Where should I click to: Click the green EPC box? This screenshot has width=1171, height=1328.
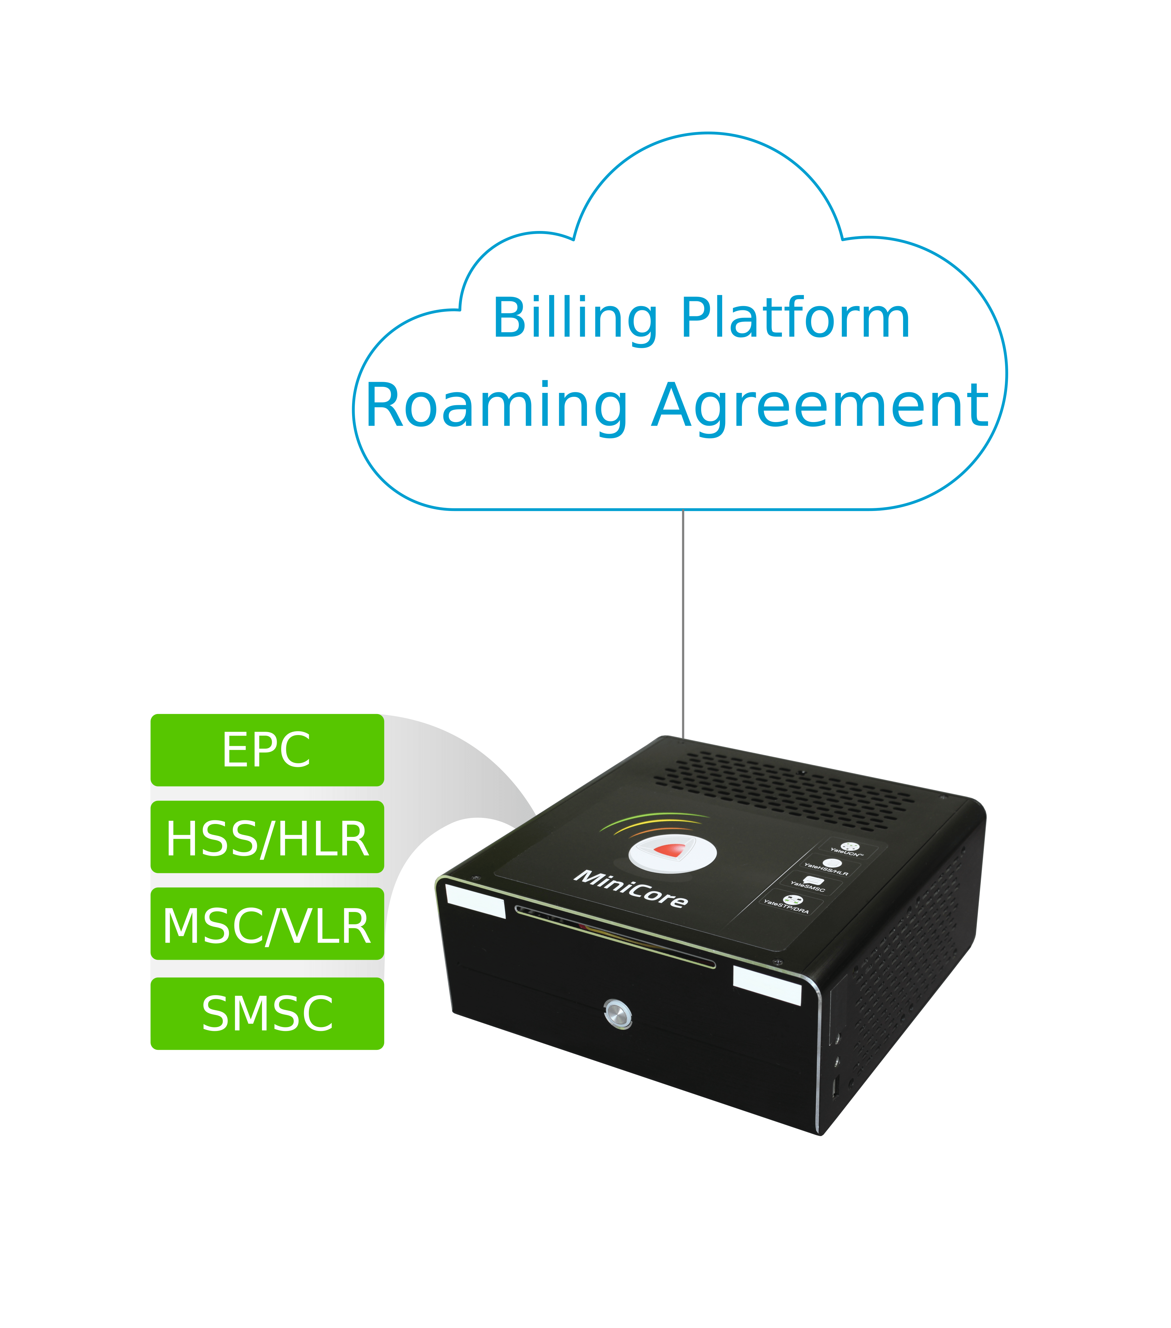tap(267, 750)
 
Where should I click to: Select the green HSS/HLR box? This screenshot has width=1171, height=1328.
tap(267, 837)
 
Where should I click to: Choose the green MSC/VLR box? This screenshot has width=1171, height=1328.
tap(267, 924)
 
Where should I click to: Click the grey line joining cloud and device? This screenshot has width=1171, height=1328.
tap(683, 624)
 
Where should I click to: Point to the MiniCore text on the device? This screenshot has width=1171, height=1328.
tap(630, 888)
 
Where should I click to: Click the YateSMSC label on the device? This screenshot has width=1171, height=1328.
tap(808, 888)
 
